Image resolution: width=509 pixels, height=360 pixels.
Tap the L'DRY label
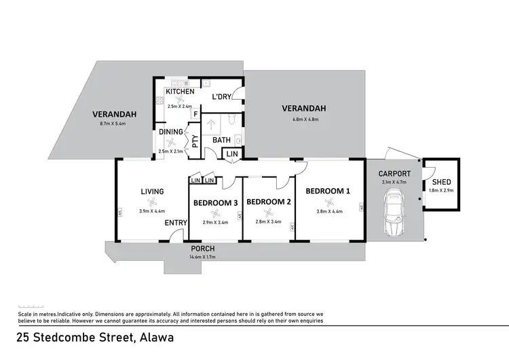[x=222, y=97]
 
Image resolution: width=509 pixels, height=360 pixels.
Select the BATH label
[x=222, y=141]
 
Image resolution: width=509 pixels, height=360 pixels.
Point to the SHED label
[x=441, y=183]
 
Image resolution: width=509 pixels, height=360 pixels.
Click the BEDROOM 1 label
[x=328, y=192]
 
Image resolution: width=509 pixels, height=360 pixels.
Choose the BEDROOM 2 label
[x=269, y=202]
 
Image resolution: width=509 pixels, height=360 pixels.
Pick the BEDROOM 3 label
[x=215, y=202]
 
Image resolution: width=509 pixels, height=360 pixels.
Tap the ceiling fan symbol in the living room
[x=153, y=201]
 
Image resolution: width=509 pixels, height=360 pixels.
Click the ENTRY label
[x=176, y=223]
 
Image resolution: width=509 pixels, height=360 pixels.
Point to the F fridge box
[x=196, y=115]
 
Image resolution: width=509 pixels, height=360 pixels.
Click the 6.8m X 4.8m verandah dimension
[x=304, y=119]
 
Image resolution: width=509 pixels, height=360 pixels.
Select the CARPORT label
[x=394, y=174]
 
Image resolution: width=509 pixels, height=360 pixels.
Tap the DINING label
[x=170, y=132]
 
